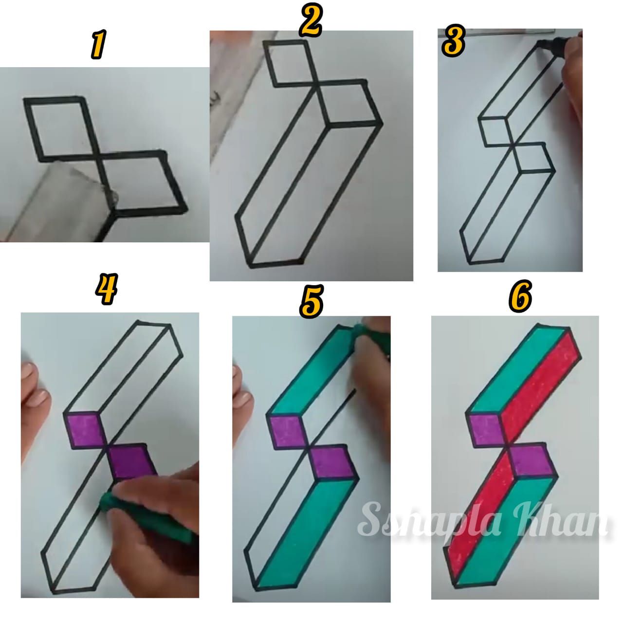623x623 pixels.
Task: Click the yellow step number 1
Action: [98, 45]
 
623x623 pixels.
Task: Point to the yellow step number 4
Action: [107, 288]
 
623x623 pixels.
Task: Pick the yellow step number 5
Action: [310, 300]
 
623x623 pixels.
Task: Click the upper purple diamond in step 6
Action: [485, 430]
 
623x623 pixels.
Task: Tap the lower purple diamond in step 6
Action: [531, 460]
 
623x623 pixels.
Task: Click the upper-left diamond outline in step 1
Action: [60, 128]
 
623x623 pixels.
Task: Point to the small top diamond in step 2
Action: [289, 64]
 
